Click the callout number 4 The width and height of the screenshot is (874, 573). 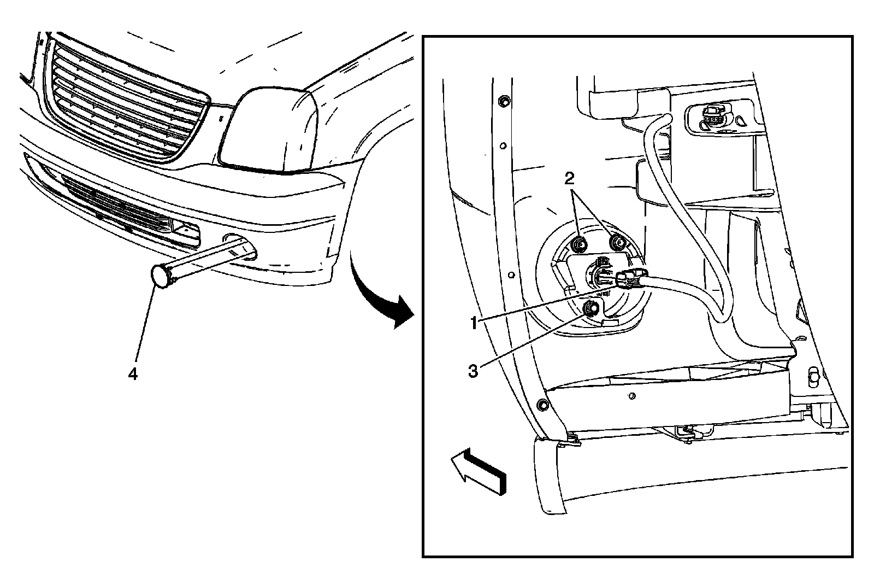coord(132,374)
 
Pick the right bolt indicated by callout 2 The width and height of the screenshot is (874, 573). coord(617,241)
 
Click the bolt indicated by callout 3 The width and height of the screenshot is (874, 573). coord(589,309)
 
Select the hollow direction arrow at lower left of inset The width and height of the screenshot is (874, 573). coord(478,471)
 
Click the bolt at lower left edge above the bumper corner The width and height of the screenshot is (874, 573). coord(542,405)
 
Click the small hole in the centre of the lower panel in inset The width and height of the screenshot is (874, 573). coord(631,395)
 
